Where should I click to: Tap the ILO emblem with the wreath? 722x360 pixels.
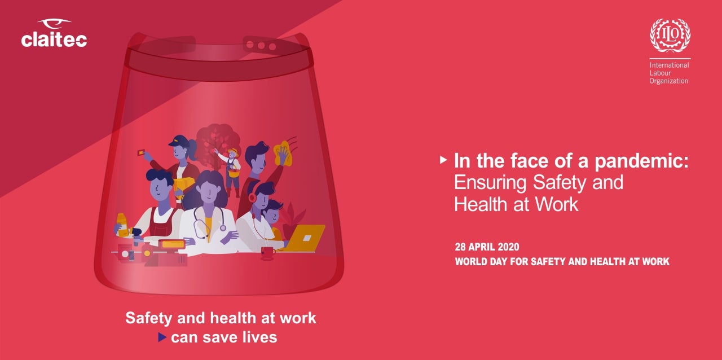tap(670, 35)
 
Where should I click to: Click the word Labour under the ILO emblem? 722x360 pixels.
tap(660, 73)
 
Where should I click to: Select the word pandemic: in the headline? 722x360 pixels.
tap(641, 161)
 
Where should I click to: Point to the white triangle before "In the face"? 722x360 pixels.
tap(443, 160)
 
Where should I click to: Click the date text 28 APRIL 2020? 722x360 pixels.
tap(487, 247)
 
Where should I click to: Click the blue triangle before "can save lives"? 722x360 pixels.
tap(162, 337)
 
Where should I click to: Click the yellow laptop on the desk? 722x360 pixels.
tap(305, 238)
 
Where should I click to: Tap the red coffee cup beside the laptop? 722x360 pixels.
tap(268, 253)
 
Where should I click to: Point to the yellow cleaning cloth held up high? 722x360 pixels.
tap(283, 153)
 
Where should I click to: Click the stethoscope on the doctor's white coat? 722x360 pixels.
tap(206, 222)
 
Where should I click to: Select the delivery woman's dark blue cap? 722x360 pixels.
tap(178, 141)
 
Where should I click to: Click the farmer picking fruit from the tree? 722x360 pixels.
tap(232, 172)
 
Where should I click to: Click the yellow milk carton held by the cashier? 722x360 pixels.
tap(122, 225)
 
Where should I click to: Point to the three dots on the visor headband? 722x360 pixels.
tap(261, 46)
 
